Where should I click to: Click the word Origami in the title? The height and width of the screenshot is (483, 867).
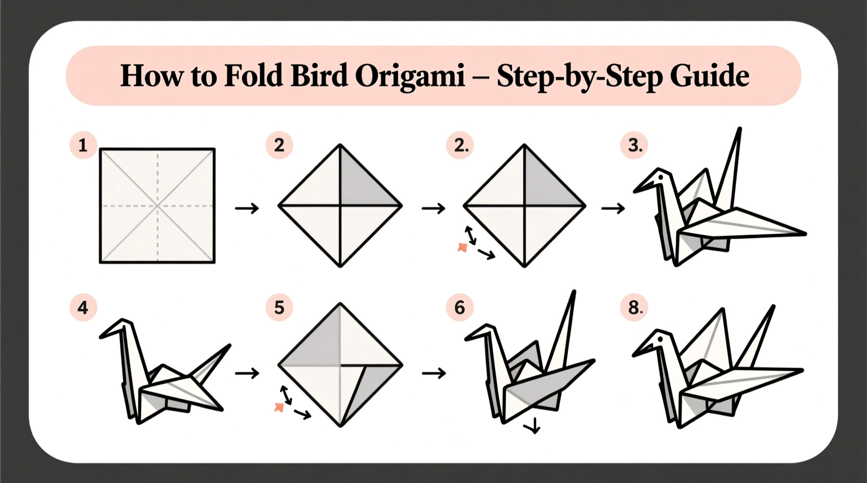(x=410, y=76)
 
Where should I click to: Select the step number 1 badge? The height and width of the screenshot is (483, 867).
(x=83, y=145)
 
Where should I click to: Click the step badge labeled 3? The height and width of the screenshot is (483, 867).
(x=634, y=145)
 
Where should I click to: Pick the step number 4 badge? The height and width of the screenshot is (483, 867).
(x=83, y=307)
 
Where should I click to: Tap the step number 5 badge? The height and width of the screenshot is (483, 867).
(x=279, y=307)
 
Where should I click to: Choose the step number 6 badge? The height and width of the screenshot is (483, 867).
(x=460, y=307)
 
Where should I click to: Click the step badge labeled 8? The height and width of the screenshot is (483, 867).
(x=634, y=307)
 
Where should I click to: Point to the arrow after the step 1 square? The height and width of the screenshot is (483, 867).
(x=247, y=209)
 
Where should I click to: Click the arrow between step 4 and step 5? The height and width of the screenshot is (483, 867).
(x=247, y=373)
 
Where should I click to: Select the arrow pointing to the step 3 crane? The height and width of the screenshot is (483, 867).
(x=613, y=209)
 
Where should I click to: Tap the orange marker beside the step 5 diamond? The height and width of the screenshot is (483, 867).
(x=279, y=407)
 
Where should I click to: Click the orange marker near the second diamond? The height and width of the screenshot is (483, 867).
(x=462, y=248)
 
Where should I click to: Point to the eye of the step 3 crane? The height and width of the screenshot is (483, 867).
(x=661, y=177)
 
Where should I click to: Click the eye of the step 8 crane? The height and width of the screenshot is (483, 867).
(x=660, y=339)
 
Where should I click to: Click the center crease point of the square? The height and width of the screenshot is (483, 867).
(x=157, y=206)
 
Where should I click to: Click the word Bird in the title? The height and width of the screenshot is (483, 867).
(x=319, y=76)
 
